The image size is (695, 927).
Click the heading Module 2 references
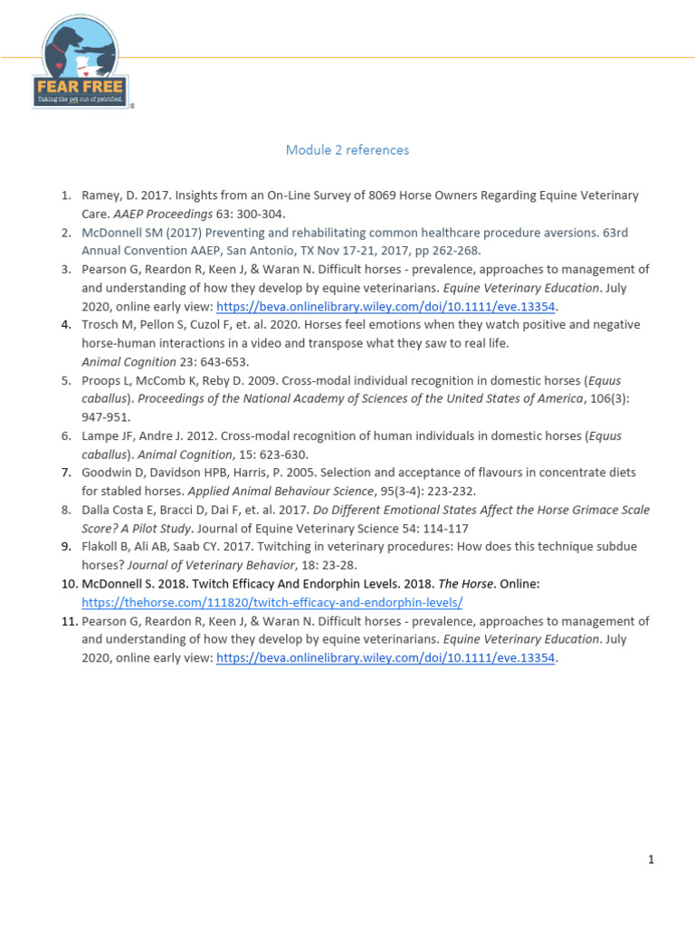click(347, 150)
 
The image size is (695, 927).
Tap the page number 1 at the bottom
click(651, 860)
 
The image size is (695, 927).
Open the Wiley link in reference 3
click(386, 306)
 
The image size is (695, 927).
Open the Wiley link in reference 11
click(386, 658)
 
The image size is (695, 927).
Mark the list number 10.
click(67, 584)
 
